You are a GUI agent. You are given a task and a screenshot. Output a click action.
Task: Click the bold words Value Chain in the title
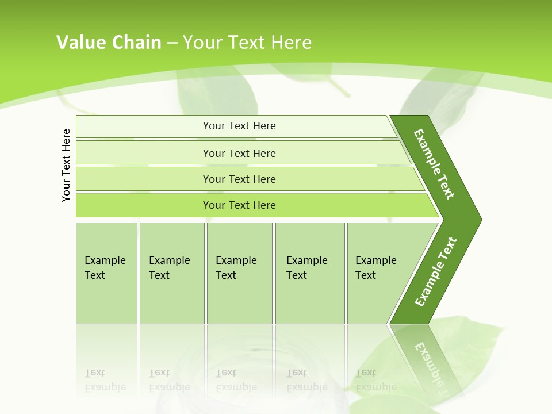(109, 43)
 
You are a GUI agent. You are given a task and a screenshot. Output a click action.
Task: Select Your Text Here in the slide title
(247, 43)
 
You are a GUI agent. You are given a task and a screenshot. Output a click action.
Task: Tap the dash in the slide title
(172, 43)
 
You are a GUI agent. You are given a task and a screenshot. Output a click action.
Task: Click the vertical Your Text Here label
(66, 165)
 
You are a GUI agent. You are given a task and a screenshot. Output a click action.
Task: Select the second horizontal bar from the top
(239, 153)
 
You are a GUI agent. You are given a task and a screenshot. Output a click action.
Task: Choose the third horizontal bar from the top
(239, 179)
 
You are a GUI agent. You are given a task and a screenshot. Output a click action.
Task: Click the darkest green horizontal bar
(239, 205)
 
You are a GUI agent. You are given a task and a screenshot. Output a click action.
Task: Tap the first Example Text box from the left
(106, 273)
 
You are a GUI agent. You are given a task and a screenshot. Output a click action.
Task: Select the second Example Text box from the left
(171, 273)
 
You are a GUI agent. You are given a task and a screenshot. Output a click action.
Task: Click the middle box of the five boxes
(239, 273)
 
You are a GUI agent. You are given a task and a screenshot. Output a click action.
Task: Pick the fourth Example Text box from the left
(309, 273)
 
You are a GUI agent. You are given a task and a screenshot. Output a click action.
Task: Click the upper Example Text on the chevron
(434, 164)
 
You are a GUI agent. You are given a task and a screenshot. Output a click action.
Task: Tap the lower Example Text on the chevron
(436, 271)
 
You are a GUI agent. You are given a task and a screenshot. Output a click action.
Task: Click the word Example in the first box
(105, 260)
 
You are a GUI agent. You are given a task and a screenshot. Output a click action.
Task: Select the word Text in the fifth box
(366, 275)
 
